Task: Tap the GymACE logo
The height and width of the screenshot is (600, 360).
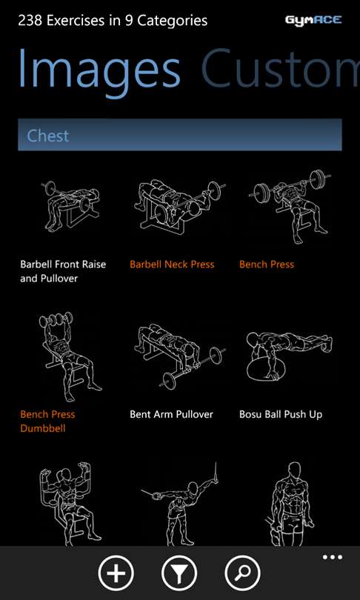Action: pyautogui.click(x=313, y=20)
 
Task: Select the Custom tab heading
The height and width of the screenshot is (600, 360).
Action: pyautogui.click(x=281, y=69)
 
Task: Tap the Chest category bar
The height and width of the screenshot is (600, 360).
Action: pyautogui.click(x=180, y=135)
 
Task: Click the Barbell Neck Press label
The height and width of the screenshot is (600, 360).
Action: pyautogui.click(x=172, y=264)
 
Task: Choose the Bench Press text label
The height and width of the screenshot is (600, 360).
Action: pyautogui.click(x=267, y=264)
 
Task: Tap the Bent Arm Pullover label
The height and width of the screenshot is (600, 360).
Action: pyautogui.click(x=171, y=414)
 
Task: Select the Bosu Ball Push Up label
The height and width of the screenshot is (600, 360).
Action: pyautogui.click(x=281, y=415)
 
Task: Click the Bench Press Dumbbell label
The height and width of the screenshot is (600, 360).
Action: pyautogui.click(x=47, y=421)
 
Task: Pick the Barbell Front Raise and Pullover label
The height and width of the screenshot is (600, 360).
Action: pyautogui.click(x=63, y=271)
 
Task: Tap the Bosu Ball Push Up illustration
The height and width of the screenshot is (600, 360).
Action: pyautogui.click(x=289, y=357)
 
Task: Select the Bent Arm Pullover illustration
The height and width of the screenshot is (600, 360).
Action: pyautogui.click(x=180, y=356)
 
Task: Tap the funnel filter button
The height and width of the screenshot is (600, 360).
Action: pyautogui.click(x=179, y=573)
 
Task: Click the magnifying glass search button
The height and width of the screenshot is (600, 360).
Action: pyautogui.click(x=242, y=573)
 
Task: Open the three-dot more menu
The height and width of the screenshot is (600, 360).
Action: pyautogui.click(x=332, y=557)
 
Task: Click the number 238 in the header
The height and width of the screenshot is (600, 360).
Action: pyautogui.click(x=30, y=20)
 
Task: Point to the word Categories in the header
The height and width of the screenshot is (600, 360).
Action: pyautogui.click(x=173, y=21)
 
